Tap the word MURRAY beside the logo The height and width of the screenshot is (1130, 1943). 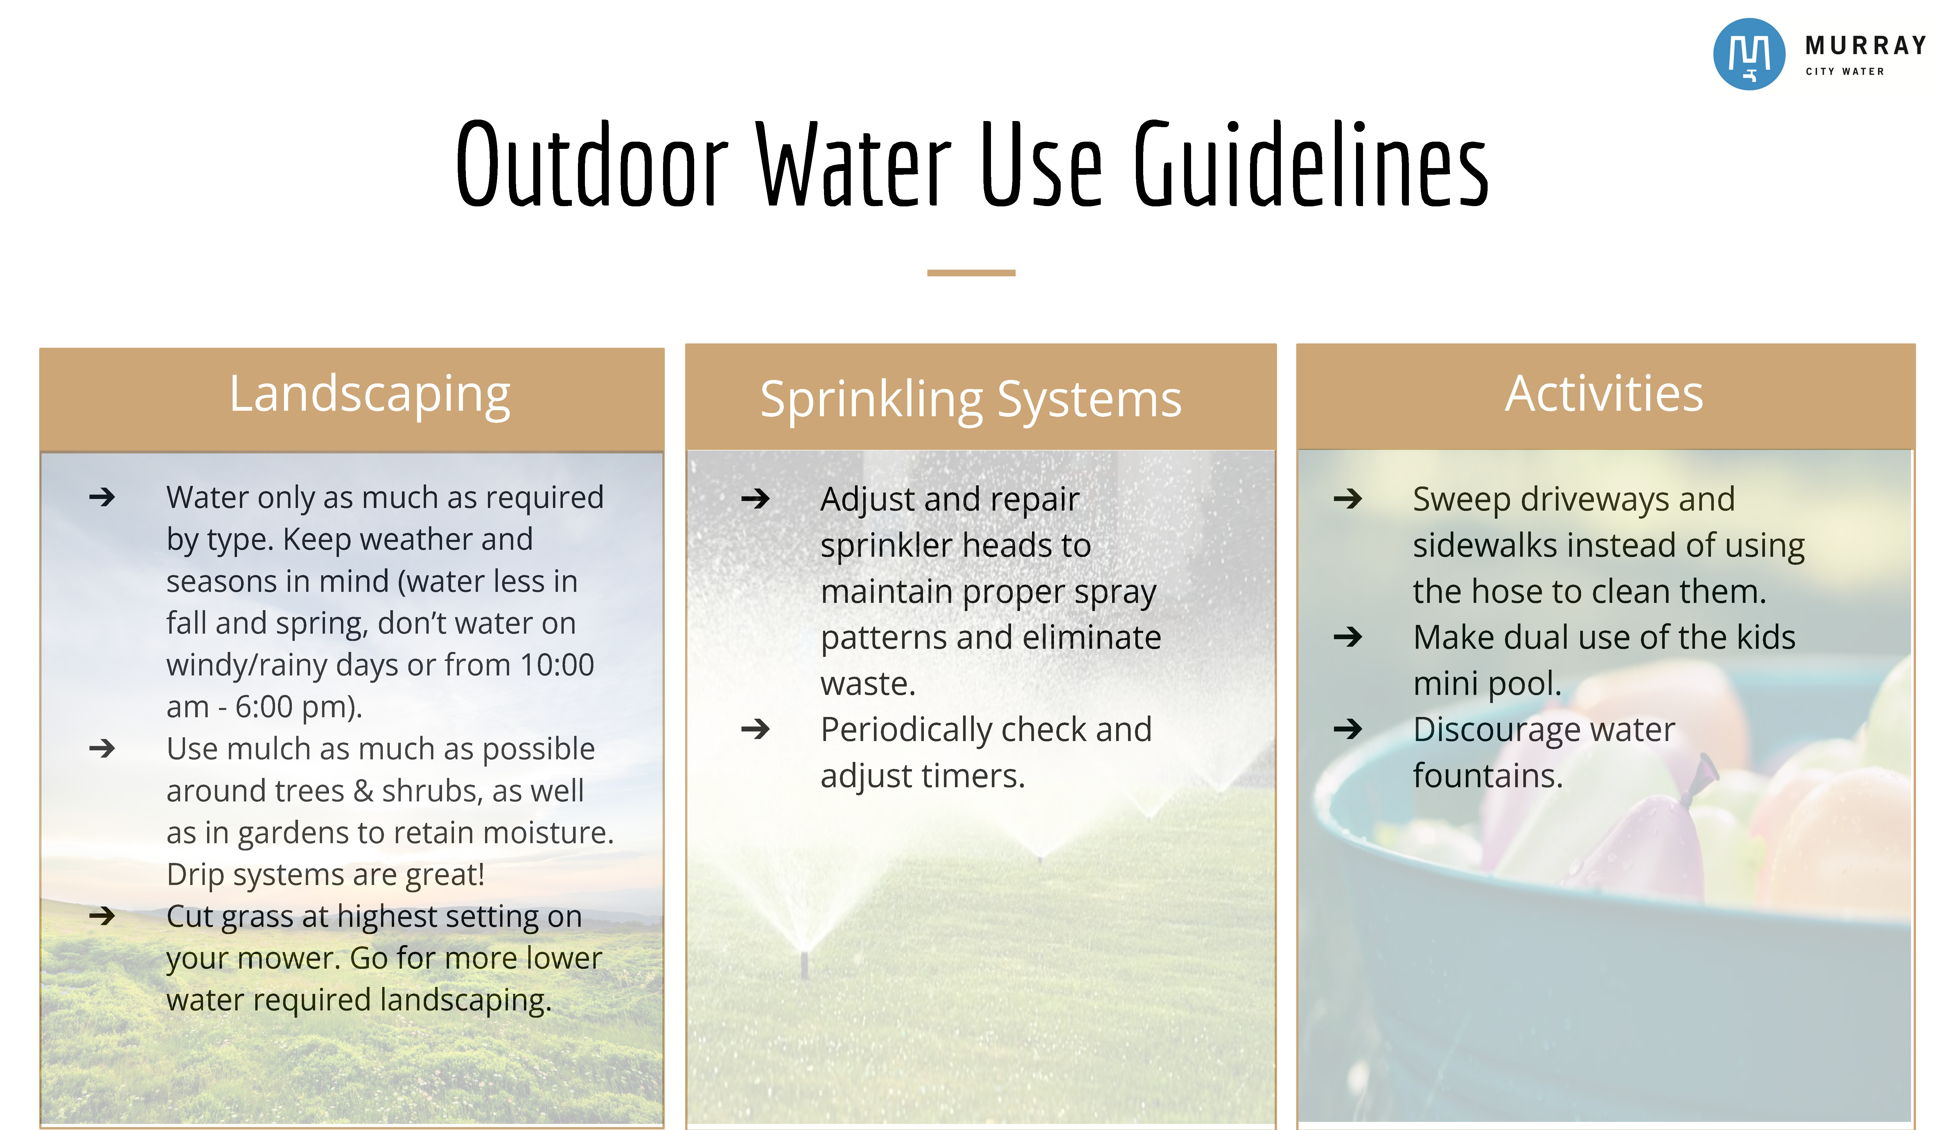pyautogui.click(x=1864, y=46)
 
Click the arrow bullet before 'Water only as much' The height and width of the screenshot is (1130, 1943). pyautogui.click(x=102, y=497)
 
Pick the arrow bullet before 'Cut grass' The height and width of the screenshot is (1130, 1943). pyautogui.click(x=102, y=916)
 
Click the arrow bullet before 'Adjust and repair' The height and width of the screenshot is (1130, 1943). pyautogui.click(x=755, y=499)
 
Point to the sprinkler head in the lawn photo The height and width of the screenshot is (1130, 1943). pyautogui.click(x=804, y=963)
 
